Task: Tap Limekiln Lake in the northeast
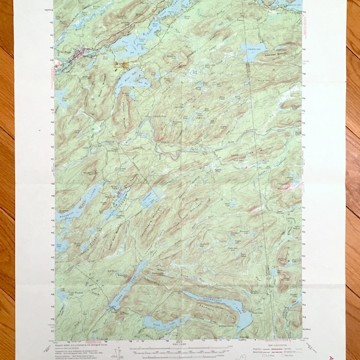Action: click(x=255, y=55)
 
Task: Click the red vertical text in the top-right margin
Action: click(x=309, y=24)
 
